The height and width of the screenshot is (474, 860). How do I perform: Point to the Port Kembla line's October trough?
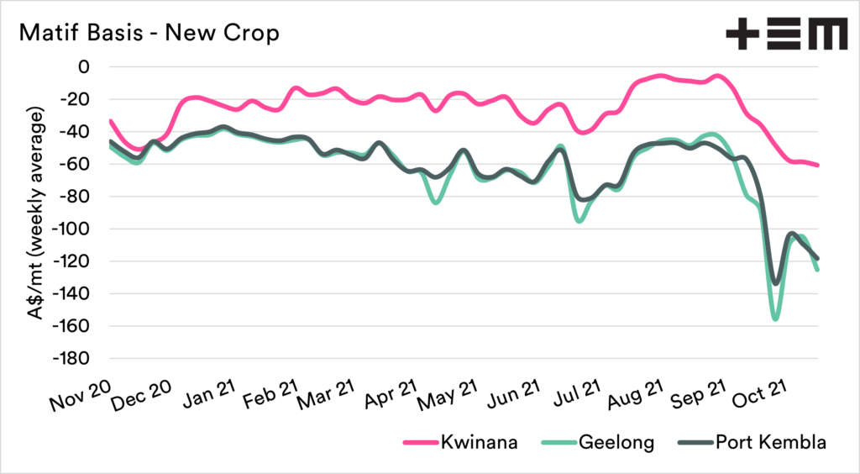coord(775,282)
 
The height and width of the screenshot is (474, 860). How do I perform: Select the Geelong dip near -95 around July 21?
coord(579,221)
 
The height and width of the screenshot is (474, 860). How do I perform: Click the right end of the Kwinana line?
coord(817,165)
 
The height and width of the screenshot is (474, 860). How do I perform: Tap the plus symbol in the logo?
coord(742,35)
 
